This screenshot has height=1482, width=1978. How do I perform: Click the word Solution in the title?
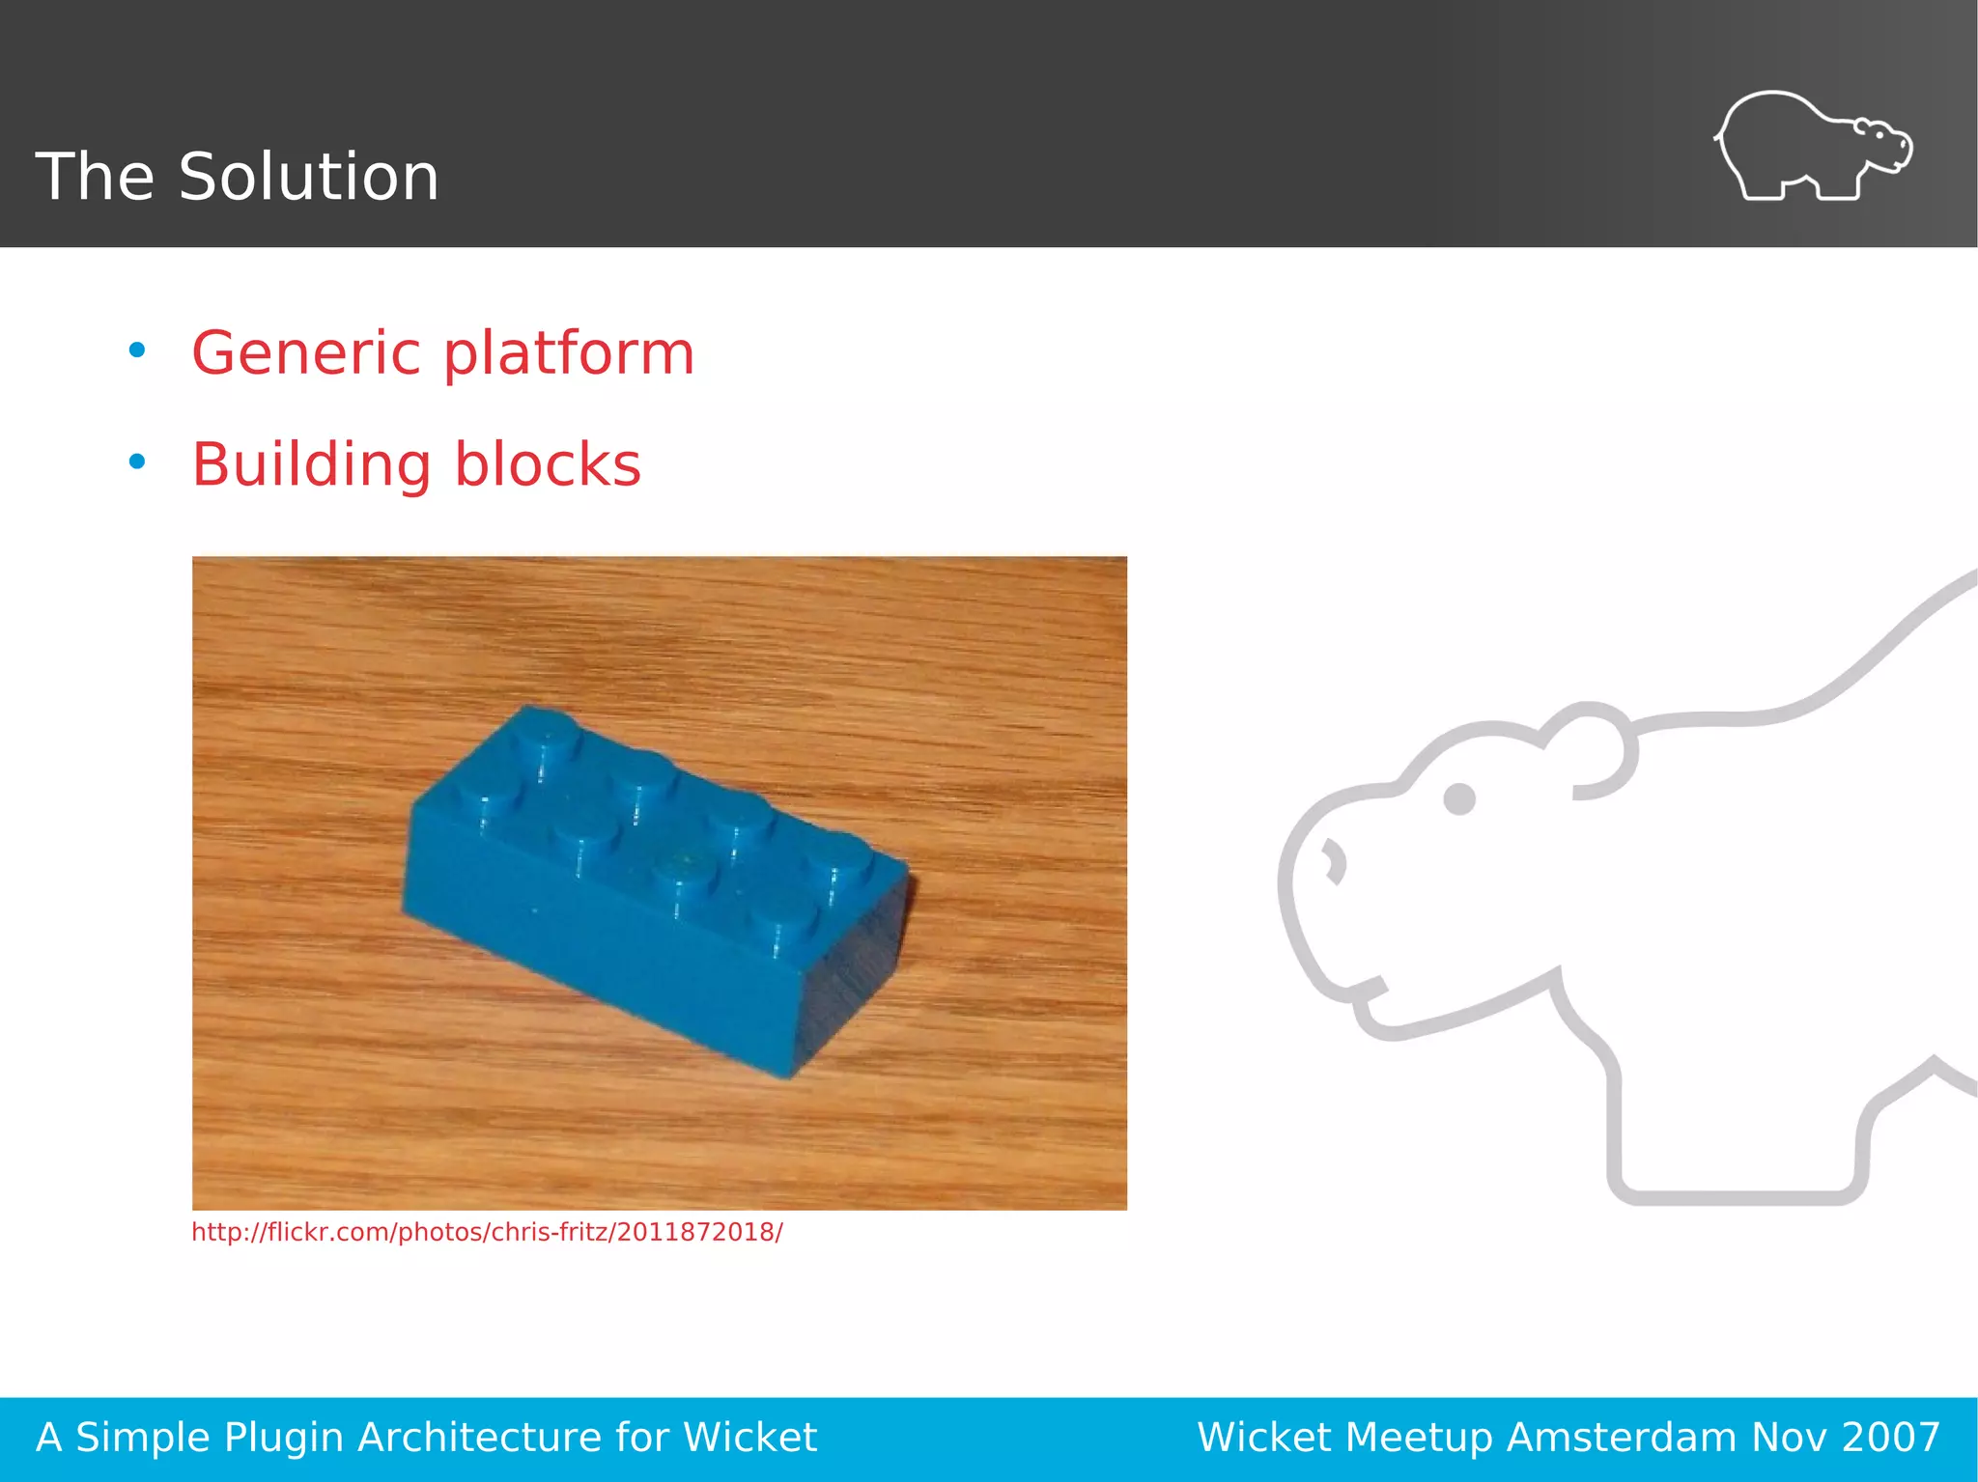(x=308, y=177)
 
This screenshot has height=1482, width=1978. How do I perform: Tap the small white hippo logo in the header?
(x=1812, y=147)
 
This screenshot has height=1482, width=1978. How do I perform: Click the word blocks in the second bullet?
(x=547, y=465)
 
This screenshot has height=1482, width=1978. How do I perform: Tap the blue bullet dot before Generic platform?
(x=137, y=350)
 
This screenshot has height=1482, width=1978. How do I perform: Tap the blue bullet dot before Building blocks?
(x=137, y=462)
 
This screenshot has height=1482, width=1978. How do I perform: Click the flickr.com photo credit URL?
(x=487, y=1233)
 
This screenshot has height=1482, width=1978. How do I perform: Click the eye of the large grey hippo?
(x=1458, y=798)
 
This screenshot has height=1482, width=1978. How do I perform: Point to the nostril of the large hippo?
(x=1335, y=861)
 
